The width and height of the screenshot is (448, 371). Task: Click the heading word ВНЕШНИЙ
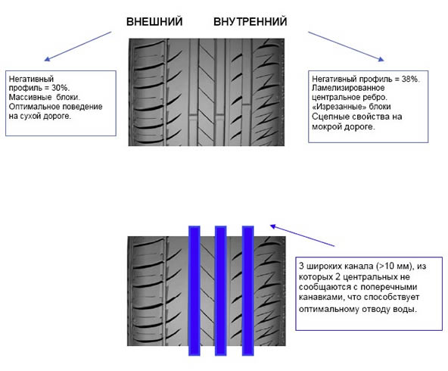[154, 22]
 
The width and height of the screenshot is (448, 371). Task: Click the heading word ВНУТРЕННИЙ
[250, 22]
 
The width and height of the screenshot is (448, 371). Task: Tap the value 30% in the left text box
[60, 88]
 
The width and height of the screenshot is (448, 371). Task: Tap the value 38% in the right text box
[410, 79]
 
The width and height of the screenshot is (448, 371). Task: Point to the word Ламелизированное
[348, 88]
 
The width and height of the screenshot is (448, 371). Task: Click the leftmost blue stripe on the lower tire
[194, 291]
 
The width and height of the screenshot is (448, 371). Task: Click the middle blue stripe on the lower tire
[220, 291]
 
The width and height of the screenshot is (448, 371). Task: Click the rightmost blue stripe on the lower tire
[247, 291]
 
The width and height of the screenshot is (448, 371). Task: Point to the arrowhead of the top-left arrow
[45, 60]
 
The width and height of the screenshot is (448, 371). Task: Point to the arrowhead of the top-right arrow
[382, 60]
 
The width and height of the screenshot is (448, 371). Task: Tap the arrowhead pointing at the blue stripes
[272, 226]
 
